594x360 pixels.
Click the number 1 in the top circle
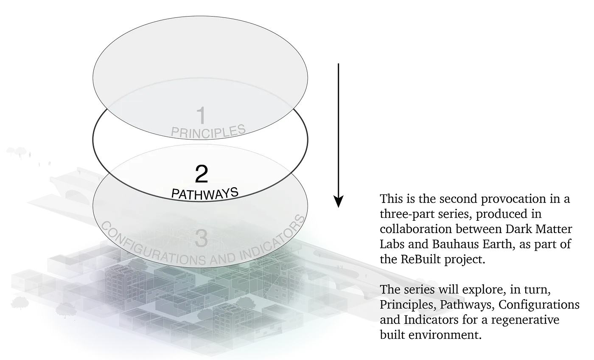tap(201, 115)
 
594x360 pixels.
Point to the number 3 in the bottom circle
tap(201, 239)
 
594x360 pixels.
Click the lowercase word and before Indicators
tap(389, 319)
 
